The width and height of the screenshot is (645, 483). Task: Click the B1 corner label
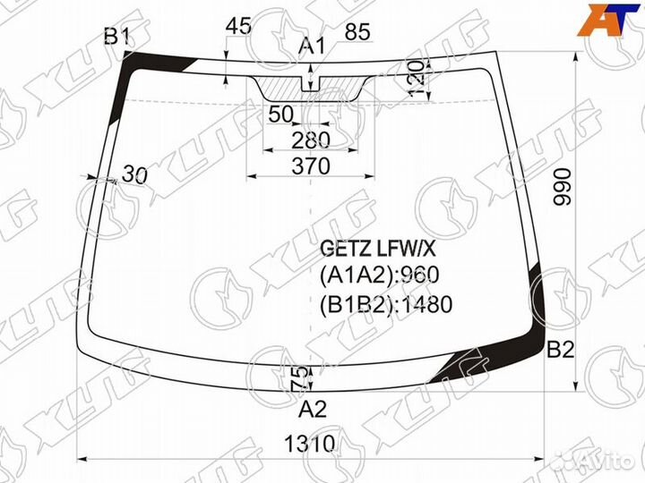click(x=117, y=36)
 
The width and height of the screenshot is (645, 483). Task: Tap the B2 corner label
click(x=561, y=350)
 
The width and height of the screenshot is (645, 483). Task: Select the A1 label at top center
click(x=312, y=47)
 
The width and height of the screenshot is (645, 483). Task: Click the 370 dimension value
click(x=311, y=165)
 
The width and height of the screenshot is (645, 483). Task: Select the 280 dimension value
click(x=311, y=140)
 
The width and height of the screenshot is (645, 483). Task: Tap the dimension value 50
click(x=280, y=114)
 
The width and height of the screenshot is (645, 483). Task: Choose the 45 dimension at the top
click(x=237, y=26)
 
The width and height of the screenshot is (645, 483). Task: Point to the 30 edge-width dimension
click(x=133, y=175)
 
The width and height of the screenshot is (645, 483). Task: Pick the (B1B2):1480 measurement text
click(x=385, y=304)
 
